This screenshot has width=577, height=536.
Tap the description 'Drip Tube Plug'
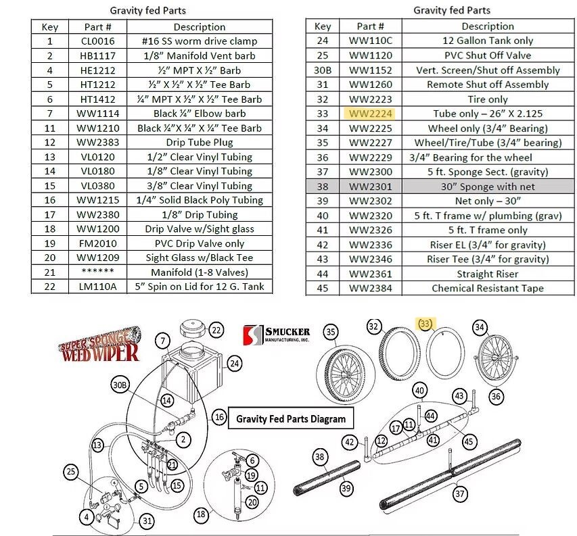click(x=199, y=143)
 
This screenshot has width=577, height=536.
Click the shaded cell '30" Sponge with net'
click(x=478, y=187)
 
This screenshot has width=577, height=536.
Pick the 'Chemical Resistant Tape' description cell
click(x=478, y=288)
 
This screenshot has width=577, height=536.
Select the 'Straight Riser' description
click(x=478, y=274)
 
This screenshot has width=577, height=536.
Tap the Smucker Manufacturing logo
click(x=277, y=334)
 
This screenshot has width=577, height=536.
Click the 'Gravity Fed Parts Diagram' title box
click(x=291, y=418)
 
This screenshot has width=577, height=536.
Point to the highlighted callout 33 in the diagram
click(x=426, y=324)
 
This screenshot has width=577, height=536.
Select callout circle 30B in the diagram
click(x=120, y=385)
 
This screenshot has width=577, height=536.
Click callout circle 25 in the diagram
click(x=71, y=470)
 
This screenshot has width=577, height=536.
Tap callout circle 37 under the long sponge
click(x=459, y=494)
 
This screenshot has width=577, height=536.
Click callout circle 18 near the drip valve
click(x=200, y=514)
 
